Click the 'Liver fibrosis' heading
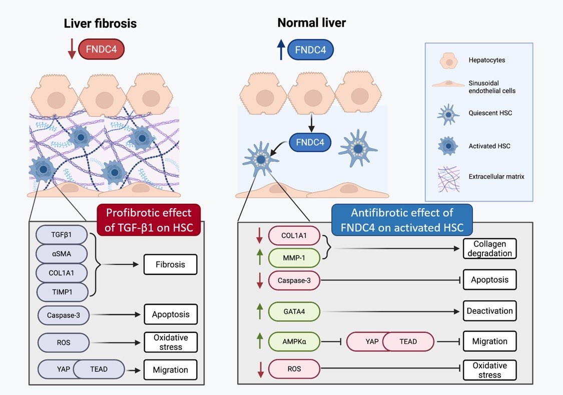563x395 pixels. click(100, 24)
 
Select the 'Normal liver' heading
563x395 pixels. click(311, 23)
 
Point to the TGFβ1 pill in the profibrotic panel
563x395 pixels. click(61, 234)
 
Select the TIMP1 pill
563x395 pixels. click(61, 292)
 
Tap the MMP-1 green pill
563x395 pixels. click(294, 259)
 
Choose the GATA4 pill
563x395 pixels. click(294, 311)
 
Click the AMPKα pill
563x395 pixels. click(294, 341)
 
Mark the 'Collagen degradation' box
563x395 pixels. click(489, 249)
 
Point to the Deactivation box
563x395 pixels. click(489, 311)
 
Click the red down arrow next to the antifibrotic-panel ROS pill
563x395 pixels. click(260, 370)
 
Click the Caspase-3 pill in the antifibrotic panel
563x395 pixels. click(294, 280)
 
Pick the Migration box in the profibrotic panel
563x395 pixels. click(171, 370)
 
